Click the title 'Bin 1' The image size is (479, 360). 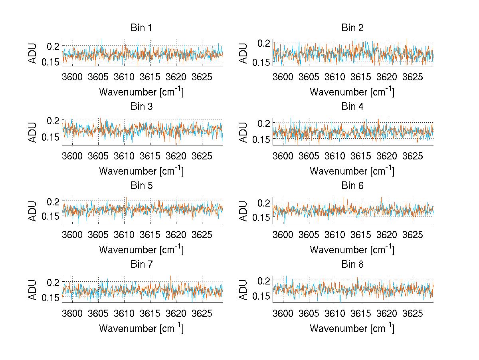click(x=141, y=28)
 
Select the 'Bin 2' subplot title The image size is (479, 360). click(x=352, y=28)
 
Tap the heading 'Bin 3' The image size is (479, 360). click(x=141, y=107)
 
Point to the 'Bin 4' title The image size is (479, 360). click(x=352, y=107)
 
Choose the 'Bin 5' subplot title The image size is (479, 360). click(x=141, y=185)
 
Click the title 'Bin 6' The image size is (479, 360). click(x=352, y=185)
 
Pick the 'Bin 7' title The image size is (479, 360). click(x=141, y=264)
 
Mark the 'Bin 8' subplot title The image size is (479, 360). click(x=352, y=264)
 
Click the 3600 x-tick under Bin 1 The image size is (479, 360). click(x=72, y=76)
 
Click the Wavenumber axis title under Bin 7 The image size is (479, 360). click(x=141, y=328)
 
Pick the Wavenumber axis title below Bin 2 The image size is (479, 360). click(x=352, y=92)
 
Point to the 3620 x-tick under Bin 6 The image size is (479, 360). click(x=386, y=234)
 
